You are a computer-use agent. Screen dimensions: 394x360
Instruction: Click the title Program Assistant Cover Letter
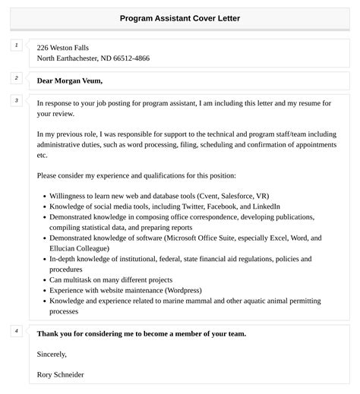180,17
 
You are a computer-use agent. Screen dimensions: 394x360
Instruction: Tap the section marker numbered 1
16,46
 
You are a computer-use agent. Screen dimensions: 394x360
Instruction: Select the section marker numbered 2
16,77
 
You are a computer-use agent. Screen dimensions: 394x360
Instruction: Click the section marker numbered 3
16,100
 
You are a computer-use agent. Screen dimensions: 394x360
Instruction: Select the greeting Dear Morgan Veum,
69,80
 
